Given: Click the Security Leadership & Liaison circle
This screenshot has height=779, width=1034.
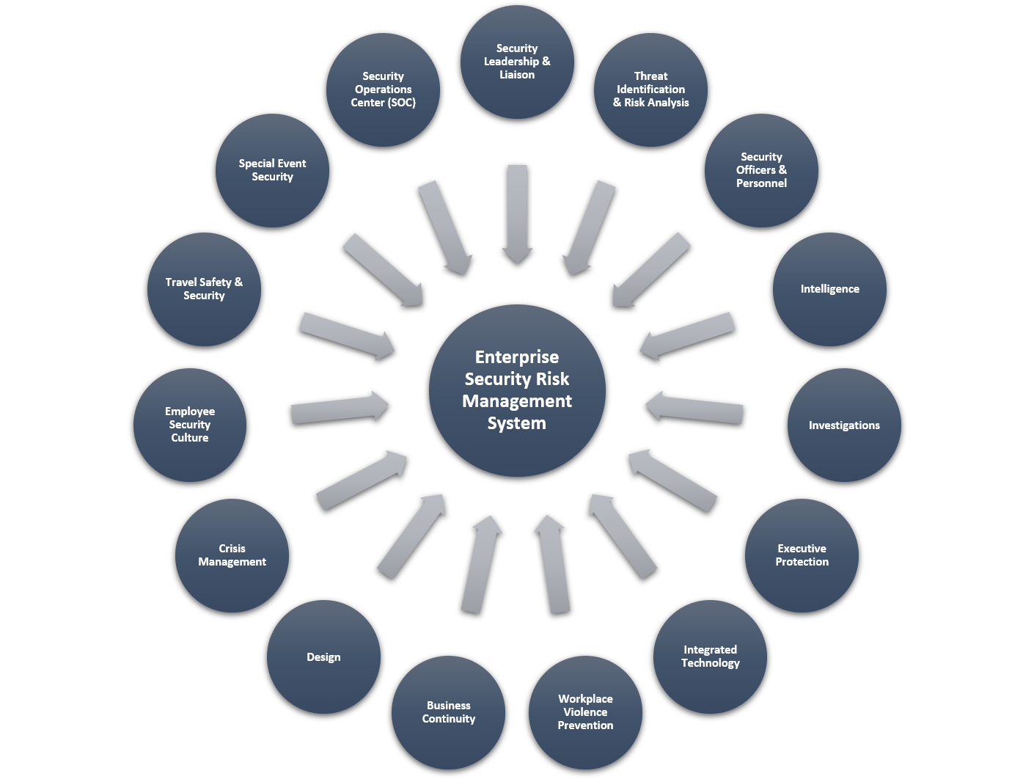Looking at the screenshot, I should (x=517, y=62).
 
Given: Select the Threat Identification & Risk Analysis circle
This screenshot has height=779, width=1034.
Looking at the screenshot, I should (x=650, y=89).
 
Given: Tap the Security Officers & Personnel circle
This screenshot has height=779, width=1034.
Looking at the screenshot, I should (x=761, y=170).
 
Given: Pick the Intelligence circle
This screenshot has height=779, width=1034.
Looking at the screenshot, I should (x=829, y=289).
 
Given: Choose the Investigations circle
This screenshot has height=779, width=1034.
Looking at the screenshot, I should (x=844, y=425).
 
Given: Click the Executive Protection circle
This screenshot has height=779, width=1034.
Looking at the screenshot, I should (x=802, y=555).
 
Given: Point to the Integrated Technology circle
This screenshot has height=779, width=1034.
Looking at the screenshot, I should (x=710, y=657).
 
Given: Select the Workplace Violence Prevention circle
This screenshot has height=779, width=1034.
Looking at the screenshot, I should (x=585, y=712).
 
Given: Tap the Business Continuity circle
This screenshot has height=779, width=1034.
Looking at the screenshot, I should (x=448, y=712).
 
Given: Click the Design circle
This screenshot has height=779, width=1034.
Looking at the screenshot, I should (x=323, y=657).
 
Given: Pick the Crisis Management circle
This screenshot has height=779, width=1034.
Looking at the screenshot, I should (x=232, y=555).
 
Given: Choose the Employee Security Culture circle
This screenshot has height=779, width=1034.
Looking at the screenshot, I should (x=189, y=425).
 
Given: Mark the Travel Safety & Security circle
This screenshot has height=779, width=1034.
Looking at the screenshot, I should (x=204, y=289).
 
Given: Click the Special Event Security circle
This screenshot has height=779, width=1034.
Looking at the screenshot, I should (x=272, y=170).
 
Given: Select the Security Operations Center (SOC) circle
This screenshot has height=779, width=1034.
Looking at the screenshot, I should (x=383, y=89).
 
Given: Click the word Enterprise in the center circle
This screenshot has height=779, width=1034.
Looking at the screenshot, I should (x=517, y=357).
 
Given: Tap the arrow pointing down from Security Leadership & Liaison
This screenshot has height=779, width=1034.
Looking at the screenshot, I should (x=517, y=213).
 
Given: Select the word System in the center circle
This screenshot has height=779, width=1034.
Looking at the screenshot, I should (x=517, y=423).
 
